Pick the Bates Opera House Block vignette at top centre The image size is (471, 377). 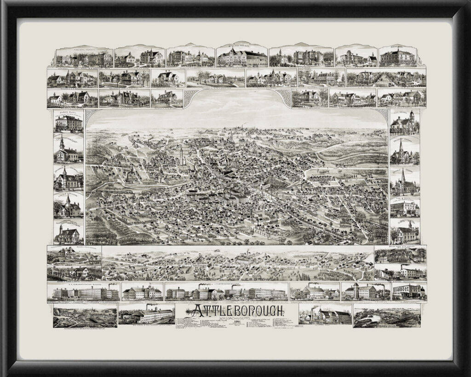point(242,56)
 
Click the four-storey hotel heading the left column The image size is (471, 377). point(69,122)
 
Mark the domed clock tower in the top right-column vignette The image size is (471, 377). point(412,115)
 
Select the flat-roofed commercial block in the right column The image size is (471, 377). point(404,207)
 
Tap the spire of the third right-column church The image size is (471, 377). point(403,174)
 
